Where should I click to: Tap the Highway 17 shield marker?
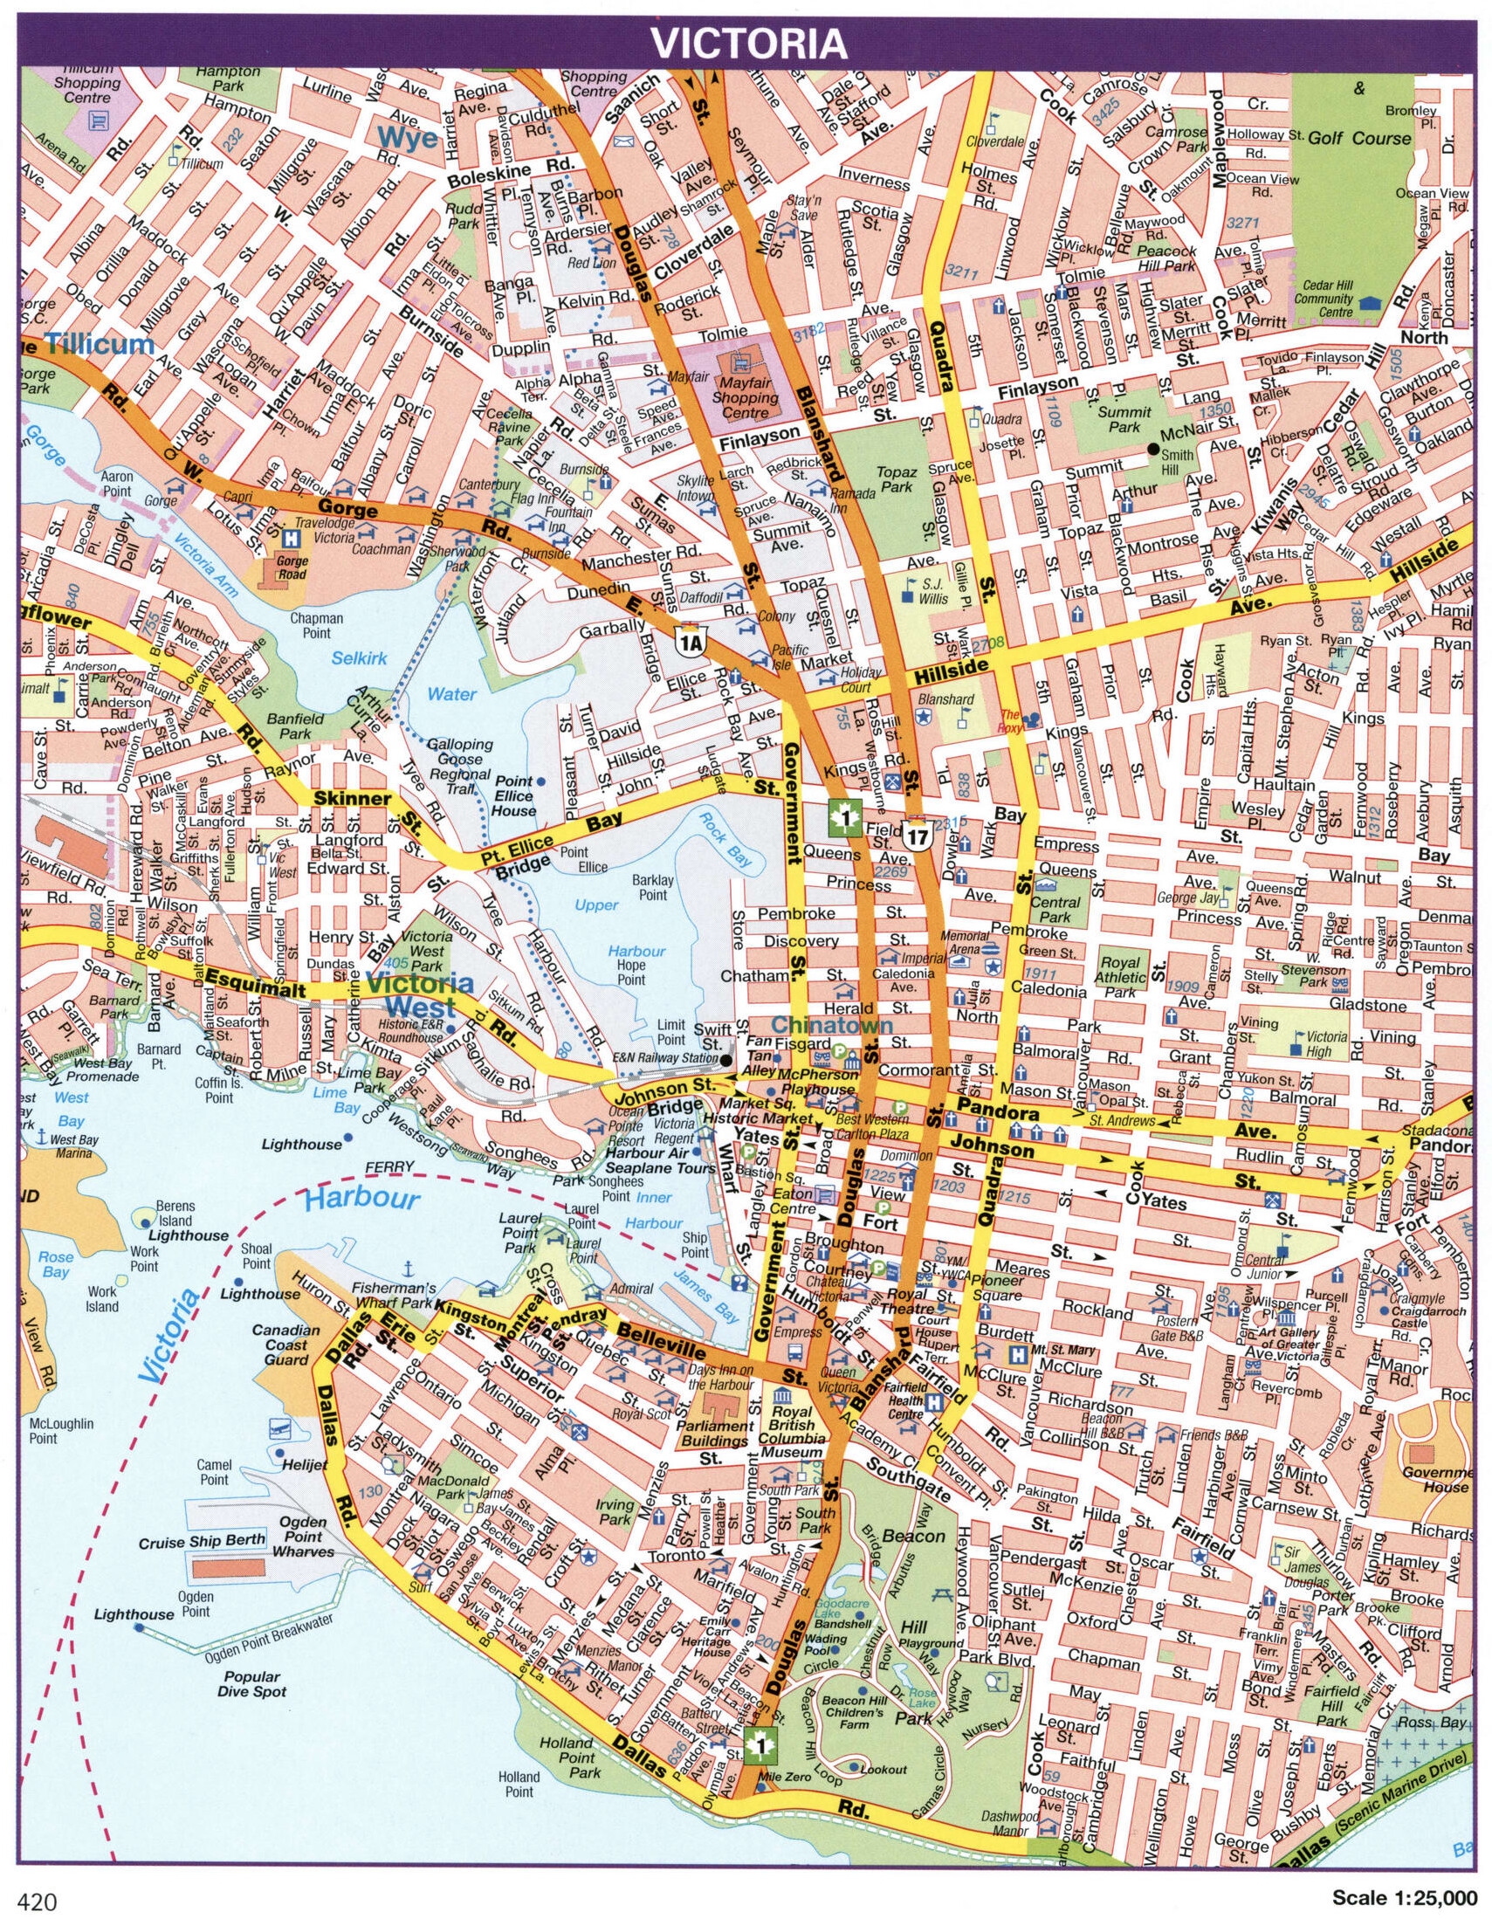pos(918,834)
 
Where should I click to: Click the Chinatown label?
pos(832,1025)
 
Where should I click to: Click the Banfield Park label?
pos(295,726)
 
